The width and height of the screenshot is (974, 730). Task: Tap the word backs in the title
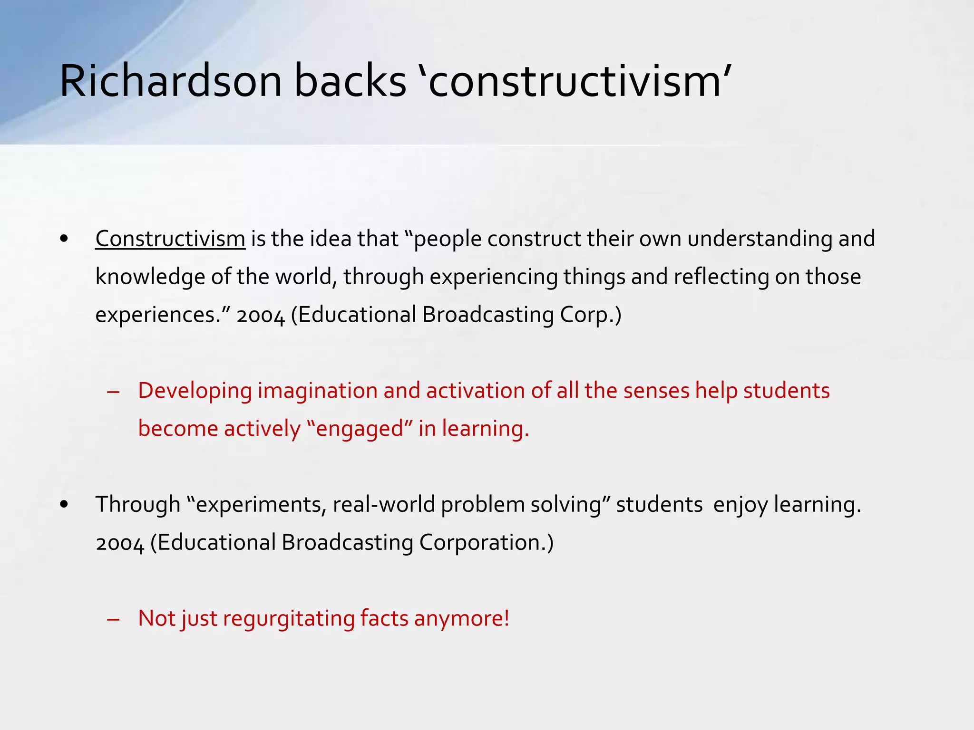(350, 81)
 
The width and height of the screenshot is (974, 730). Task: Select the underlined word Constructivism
(170, 239)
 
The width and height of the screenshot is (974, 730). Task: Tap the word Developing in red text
(195, 391)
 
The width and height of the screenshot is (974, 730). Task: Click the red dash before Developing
(113, 392)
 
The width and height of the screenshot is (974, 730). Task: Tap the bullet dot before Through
(65, 505)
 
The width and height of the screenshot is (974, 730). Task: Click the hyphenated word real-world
(384, 505)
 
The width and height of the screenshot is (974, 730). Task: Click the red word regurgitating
(288, 619)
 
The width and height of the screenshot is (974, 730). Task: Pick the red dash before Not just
(113, 620)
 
